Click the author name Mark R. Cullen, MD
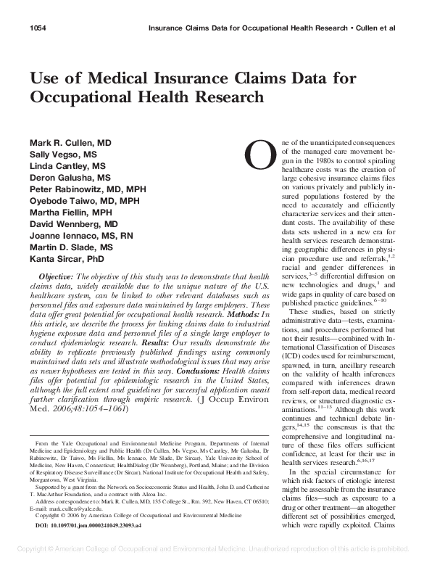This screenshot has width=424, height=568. coord(70,143)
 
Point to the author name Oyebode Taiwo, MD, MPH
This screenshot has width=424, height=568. coord(84,200)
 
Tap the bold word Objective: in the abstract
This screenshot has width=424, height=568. coord(55,276)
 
